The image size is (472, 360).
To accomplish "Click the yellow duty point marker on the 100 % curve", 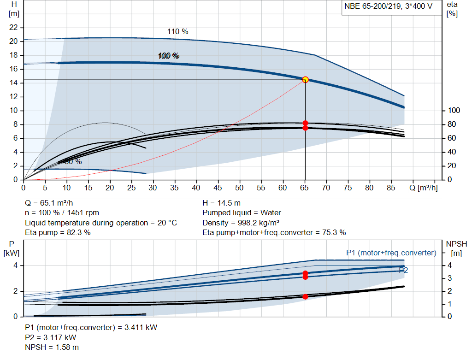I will (x=305, y=80).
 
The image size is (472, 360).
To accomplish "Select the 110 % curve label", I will (x=177, y=32).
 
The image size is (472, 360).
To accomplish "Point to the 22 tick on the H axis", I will (x=13, y=28).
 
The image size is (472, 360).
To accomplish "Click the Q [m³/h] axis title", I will (x=423, y=188).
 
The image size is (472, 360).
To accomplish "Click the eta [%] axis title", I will (x=452, y=9).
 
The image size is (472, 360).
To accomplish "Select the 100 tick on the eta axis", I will (x=454, y=111).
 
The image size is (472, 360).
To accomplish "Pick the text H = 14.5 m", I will (x=221, y=203).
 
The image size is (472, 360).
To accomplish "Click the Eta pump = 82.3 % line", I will (x=58, y=232).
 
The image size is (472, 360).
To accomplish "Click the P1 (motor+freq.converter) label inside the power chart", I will (x=391, y=253).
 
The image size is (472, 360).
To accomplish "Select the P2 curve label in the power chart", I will (x=403, y=270).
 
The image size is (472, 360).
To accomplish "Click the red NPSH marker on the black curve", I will (x=305, y=296).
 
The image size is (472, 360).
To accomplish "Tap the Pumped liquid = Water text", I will (x=242, y=213).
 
